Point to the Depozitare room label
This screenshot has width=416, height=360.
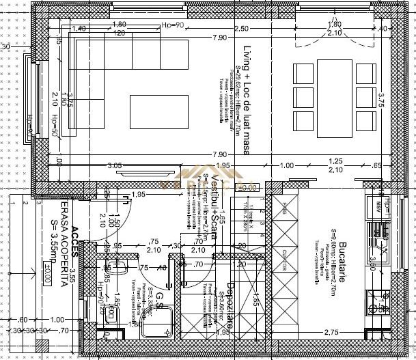tap(231, 307)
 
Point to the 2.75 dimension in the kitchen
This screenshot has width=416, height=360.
tap(331, 332)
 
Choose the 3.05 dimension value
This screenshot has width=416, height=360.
tap(114, 165)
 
